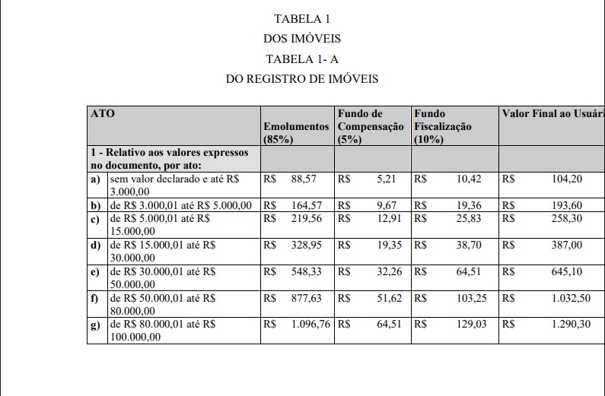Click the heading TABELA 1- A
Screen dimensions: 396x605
(302, 59)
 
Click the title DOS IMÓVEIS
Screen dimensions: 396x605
(302, 38)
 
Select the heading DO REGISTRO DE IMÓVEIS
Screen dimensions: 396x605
(302, 78)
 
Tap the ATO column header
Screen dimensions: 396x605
(103, 114)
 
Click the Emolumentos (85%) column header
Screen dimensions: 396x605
(295, 132)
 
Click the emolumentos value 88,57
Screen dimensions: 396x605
(303, 179)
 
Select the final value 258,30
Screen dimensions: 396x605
(566, 218)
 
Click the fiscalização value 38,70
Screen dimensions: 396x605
(471, 245)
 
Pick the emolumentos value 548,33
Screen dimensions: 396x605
(302, 271)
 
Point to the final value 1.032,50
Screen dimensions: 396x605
(571, 298)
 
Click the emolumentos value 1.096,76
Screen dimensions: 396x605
(310, 325)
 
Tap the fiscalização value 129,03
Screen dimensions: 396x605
(471, 325)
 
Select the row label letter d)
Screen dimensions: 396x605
(95, 245)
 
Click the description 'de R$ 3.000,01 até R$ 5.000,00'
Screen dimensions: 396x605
(181, 205)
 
